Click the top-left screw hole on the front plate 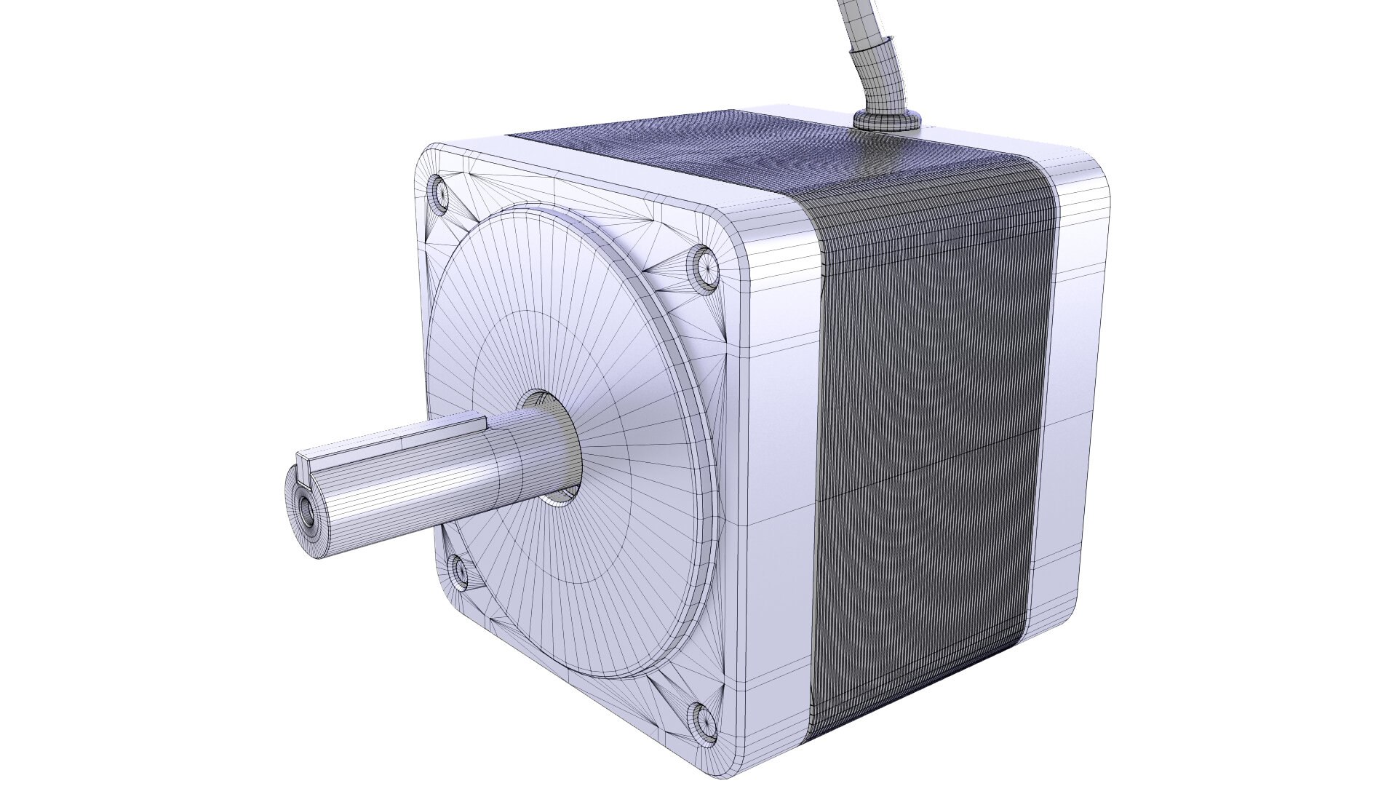(x=439, y=192)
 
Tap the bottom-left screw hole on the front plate (x=458, y=570)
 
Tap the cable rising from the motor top (x=869, y=44)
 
